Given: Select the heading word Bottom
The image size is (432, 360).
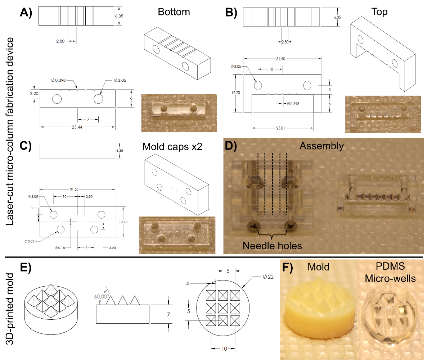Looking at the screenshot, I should (174, 12).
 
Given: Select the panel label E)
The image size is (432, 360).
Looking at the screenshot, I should (26, 267).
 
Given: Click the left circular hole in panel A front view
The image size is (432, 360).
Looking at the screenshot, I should (57, 99).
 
